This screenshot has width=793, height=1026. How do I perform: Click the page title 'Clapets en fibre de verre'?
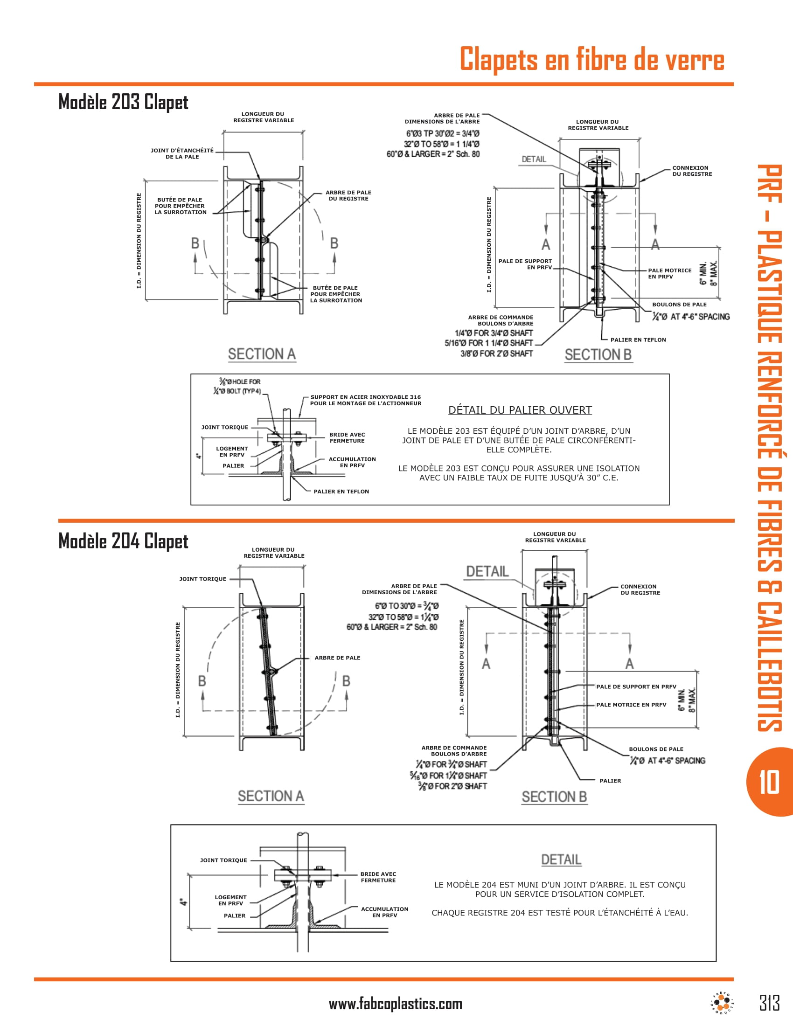[591, 60]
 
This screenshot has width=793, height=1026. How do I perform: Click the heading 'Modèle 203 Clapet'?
[123, 102]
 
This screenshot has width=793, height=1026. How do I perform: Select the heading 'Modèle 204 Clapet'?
[123, 541]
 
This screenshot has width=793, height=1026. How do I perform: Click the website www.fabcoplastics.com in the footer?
[395, 1004]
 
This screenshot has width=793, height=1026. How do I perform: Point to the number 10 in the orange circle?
[769, 782]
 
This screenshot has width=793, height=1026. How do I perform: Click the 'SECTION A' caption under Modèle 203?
[262, 354]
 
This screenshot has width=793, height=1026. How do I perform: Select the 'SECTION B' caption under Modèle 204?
[554, 797]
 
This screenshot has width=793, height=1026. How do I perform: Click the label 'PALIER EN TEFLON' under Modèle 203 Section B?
[638, 340]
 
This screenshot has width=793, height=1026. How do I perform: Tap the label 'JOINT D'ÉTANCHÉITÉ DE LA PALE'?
[182, 153]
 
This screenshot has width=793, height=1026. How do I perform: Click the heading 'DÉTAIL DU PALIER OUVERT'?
[520, 410]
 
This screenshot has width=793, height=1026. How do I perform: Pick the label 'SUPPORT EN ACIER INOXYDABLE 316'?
[366, 397]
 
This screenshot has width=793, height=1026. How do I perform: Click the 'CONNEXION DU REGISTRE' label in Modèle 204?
[640, 589]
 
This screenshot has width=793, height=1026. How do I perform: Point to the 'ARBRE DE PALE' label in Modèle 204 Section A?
[337, 658]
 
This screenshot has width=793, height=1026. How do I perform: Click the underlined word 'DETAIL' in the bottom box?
[561, 860]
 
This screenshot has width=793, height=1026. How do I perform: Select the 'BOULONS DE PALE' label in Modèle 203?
[679, 305]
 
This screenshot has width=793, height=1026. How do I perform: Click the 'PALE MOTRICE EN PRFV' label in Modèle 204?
[631, 705]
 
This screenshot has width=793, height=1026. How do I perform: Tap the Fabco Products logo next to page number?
[723, 1004]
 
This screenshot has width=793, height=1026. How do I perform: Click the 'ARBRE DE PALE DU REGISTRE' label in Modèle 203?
[348, 195]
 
